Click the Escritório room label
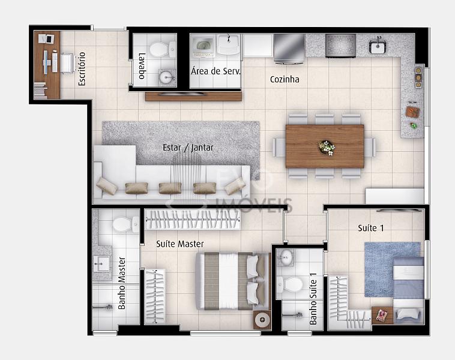[82, 69]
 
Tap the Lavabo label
[142, 66]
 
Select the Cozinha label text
[285, 79]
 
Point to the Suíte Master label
[180, 244]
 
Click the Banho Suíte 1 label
[313, 299]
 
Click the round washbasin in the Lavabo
[167, 77]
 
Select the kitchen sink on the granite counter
[377, 46]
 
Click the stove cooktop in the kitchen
[340, 46]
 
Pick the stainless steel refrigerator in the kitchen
[289, 48]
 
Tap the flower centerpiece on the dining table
[327, 147]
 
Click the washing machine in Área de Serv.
[202, 46]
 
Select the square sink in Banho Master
[101, 263]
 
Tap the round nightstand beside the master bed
[262, 320]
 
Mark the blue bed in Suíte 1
[408, 290]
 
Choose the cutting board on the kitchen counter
[412, 112]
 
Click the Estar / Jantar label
[188, 148]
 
